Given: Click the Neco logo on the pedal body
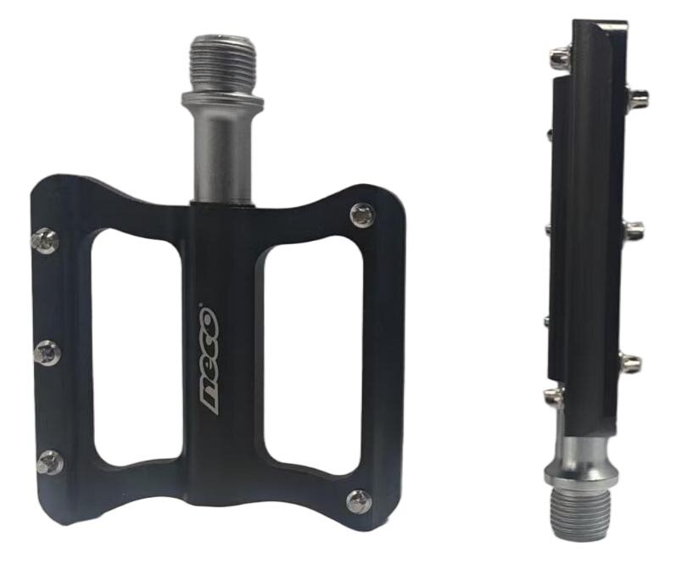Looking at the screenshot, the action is (209, 360).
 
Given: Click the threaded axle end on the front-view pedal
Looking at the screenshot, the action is (223, 64).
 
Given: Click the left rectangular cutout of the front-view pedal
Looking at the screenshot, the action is (137, 348).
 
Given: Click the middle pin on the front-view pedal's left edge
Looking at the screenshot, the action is (47, 352).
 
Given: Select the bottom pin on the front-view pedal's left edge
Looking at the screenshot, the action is (50, 463).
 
